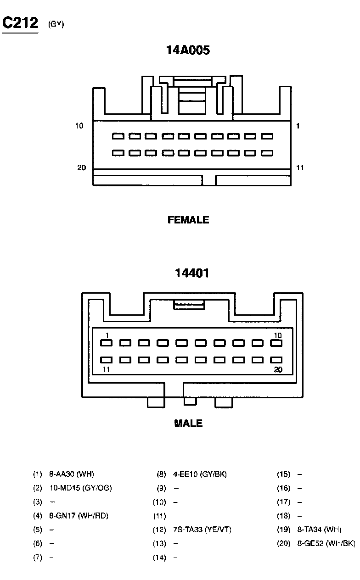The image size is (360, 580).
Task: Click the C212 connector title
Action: (x=20, y=23)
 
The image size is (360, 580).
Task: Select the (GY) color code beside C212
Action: (x=56, y=25)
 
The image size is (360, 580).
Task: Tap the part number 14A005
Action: (x=188, y=50)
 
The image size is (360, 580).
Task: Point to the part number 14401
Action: (x=192, y=273)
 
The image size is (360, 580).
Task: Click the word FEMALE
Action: (x=188, y=220)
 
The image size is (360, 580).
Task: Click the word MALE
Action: (x=188, y=423)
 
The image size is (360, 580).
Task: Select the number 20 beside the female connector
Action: (x=81, y=168)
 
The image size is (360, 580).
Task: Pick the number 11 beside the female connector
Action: (x=299, y=168)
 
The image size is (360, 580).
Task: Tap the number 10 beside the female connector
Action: (x=79, y=126)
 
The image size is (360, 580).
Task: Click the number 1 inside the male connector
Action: (x=107, y=335)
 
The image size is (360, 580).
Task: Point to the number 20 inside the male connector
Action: (x=278, y=370)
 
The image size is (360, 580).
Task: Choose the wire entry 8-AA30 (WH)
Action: (x=71, y=474)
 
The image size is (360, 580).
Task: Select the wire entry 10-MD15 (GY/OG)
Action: (x=80, y=488)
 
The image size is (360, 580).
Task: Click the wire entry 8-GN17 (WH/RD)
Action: (x=79, y=516)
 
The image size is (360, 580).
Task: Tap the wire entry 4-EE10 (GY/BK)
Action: (x=200, y=474)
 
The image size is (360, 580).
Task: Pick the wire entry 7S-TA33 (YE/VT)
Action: (x=202, y=530)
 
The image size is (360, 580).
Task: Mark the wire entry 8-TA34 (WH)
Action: (x=319, y=530)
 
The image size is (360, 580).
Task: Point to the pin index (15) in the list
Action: (x=283, y=474)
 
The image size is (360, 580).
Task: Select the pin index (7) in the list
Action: (x=38, y=558)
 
